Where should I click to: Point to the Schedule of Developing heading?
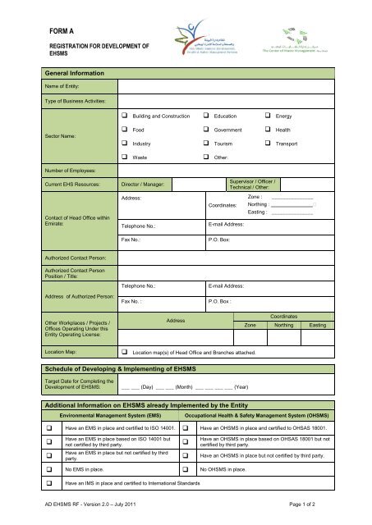[x=125, y=371]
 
